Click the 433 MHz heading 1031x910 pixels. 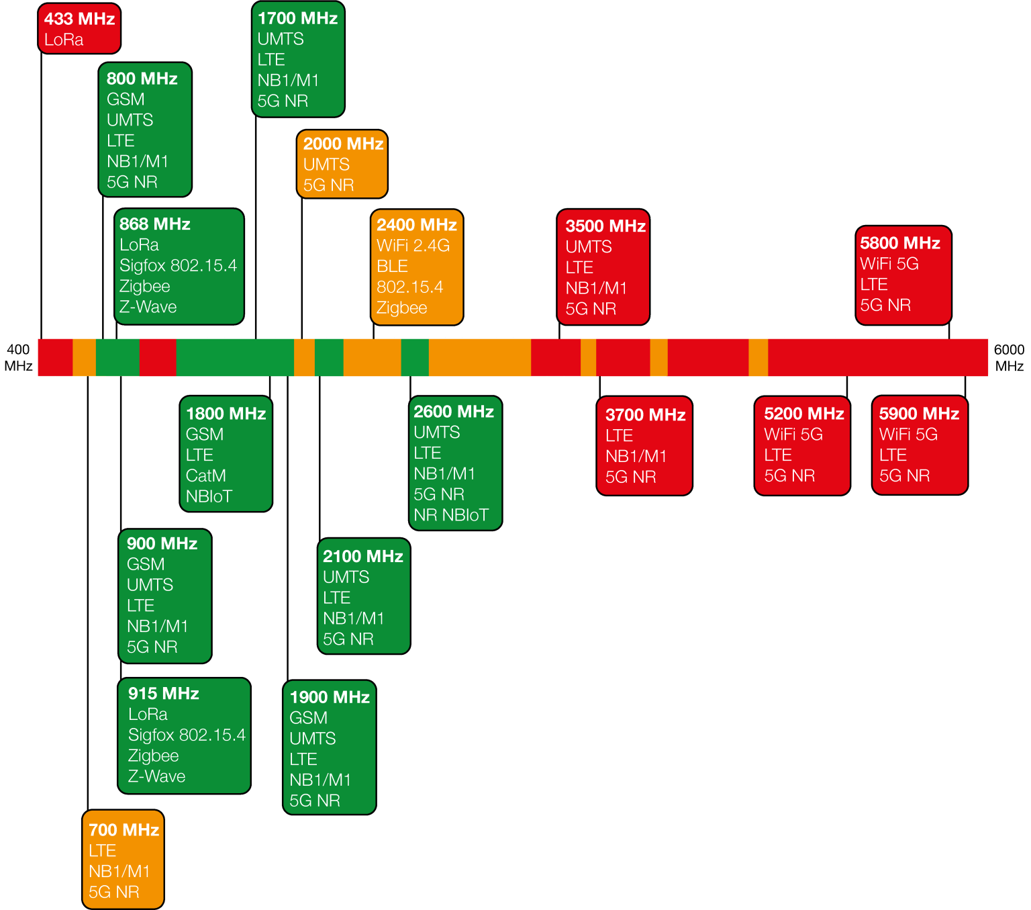79,19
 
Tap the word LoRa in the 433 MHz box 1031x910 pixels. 64,40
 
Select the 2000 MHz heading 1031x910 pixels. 343,144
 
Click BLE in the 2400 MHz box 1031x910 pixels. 392,267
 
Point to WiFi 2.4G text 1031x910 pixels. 413,246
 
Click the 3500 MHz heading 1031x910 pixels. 605,226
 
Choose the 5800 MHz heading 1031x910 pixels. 899,243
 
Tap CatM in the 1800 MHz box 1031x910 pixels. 205,476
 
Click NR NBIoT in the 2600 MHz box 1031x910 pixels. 451,515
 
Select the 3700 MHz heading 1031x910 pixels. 645,415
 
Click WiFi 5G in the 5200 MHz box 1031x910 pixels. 793,435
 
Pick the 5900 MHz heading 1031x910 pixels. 919,414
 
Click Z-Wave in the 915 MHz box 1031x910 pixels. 156,776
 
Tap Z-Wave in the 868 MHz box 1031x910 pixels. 148,307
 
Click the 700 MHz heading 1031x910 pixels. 124,830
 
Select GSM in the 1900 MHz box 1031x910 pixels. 308,718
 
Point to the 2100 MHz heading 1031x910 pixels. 362,557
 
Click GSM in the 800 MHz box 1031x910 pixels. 126,99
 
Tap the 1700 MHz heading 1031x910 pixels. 297,19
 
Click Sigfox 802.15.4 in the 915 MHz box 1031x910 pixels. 187,735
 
